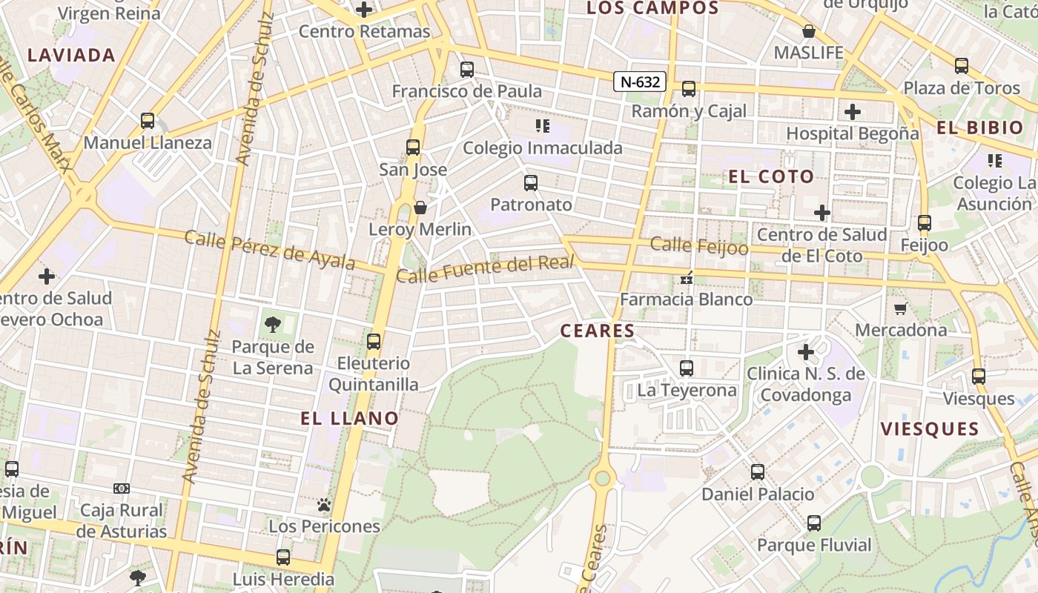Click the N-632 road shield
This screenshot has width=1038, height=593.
click(x=639, y=82)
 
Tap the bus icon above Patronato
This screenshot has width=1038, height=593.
click(x=531, y=183)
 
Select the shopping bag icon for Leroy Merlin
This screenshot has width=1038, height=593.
click(x=420, y=208)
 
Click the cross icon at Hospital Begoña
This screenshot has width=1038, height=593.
click(x=853, y=112)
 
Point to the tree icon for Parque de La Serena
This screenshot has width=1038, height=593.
click(x=273, y=324)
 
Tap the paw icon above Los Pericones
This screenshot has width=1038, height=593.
click(x=324, y=505)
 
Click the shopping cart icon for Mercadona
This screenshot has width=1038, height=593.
click(x=901, y=308)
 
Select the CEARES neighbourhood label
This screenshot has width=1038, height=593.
click(x=598, y=331)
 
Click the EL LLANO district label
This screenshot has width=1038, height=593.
click(x=350, y=418)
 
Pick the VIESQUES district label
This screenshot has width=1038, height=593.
click(x=930, y=428)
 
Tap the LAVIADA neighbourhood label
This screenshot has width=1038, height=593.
click(x=72, y=55)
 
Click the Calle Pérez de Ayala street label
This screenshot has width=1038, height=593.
click(x=270, y=250)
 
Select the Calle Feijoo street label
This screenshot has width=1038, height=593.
click(x=699, y=245)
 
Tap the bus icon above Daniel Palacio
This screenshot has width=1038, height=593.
click(x=758, y=472)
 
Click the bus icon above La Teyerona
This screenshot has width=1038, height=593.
click(x=687, y=368)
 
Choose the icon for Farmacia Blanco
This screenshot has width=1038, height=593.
click(x=687, y=278)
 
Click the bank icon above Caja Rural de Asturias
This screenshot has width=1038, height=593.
click(x=122, y=488)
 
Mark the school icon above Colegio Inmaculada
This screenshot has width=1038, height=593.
click(x=543, y=126)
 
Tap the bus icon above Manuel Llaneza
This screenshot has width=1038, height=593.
click(x=148, y=121)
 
